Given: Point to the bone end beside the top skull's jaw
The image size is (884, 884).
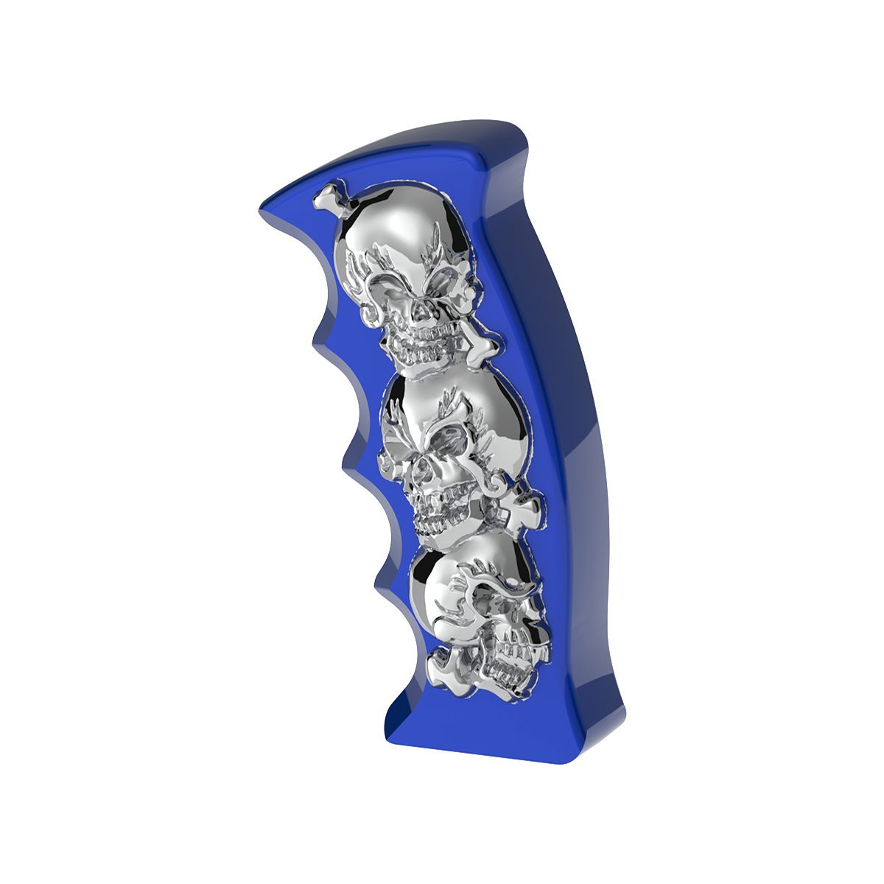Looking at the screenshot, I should tap(483, 346).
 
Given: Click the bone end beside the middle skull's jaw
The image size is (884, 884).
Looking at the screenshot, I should tap(530, 508).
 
